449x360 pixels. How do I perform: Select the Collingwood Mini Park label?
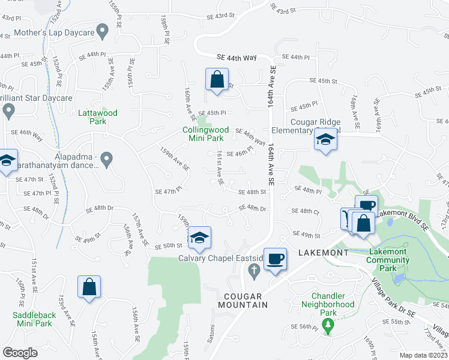click(x=206, y=133)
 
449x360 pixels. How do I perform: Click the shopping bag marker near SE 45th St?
click(x=217, y=79)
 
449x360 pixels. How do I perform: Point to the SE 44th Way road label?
click(x=237, y=58)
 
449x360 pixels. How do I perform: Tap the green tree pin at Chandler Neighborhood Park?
click(x=327, y=326)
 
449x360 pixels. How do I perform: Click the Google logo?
click(x=20, y=353)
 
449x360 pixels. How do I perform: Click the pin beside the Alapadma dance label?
click(x=107, y=160)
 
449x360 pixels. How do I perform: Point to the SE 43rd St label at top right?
click(x=283, y=10)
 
